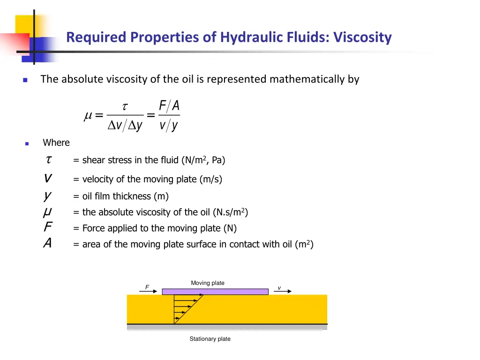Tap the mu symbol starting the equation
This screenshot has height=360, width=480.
point(87,116)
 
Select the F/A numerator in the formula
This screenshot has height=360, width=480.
point(169,107)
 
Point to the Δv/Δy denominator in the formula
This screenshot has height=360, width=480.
point(125,126)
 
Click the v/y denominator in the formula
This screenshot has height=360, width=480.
point(169,126)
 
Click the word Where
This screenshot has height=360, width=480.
point(56,142)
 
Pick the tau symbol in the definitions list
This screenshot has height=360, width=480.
point(48,160)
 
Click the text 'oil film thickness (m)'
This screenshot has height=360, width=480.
point(125,196)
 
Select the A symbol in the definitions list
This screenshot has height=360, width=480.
point(47,244)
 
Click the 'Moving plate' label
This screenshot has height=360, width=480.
point(208,283)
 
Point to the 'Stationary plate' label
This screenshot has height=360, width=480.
point(210,339)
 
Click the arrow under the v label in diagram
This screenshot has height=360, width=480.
point(283,292)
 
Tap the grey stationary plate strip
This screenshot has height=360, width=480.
point(227,327)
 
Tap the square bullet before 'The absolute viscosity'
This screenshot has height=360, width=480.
point(25,80)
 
